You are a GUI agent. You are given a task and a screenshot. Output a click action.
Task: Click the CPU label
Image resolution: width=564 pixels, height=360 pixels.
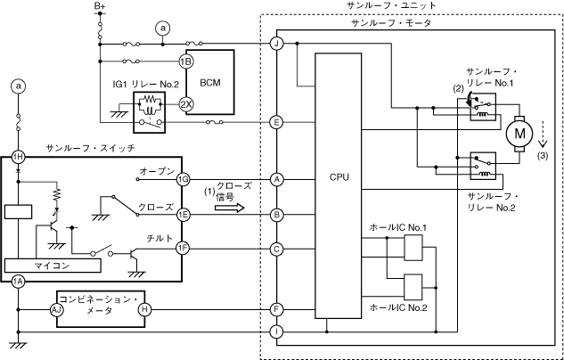click(x=339, y=177)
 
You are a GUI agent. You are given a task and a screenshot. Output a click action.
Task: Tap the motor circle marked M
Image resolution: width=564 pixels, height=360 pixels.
click(x=517, y=135)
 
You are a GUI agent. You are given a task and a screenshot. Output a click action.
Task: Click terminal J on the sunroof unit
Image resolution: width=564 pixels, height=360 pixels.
click(x=277, y=43)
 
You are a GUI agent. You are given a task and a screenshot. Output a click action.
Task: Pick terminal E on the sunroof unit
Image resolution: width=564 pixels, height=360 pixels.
click(x=277, y=122)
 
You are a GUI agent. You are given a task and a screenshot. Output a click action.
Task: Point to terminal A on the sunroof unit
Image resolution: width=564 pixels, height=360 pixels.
click(x=277, y=178)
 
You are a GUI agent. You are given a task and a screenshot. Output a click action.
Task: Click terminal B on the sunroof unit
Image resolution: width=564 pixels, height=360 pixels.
click(x=277, y=214)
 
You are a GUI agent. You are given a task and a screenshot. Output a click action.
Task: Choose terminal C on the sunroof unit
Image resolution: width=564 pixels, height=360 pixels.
click(x=277, y=249)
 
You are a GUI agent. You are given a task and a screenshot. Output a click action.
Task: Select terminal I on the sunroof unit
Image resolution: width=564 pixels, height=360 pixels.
click(x=277, y=331)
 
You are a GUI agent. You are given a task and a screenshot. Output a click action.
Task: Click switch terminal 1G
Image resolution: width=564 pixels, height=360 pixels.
click(x=184, y=178)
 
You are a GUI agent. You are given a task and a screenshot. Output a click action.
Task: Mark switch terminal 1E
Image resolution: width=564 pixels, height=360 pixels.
click(x=184, y=214)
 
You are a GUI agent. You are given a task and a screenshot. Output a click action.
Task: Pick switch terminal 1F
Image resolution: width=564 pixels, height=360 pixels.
click(x=184, y=249)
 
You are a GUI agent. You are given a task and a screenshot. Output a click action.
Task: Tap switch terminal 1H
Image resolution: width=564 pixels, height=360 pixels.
click(x=18, y=156)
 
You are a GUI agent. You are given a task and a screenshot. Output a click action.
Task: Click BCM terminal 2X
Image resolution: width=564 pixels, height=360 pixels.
click(x=186, y=102)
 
